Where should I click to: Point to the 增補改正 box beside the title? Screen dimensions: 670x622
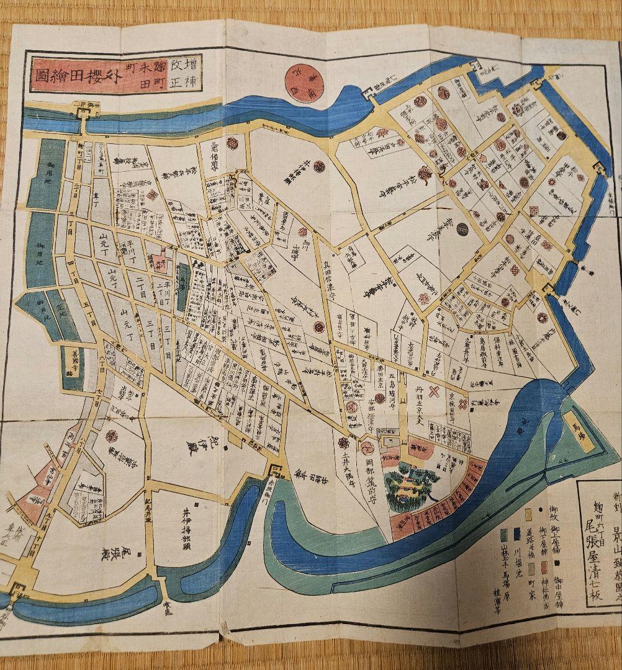coord(183,73)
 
